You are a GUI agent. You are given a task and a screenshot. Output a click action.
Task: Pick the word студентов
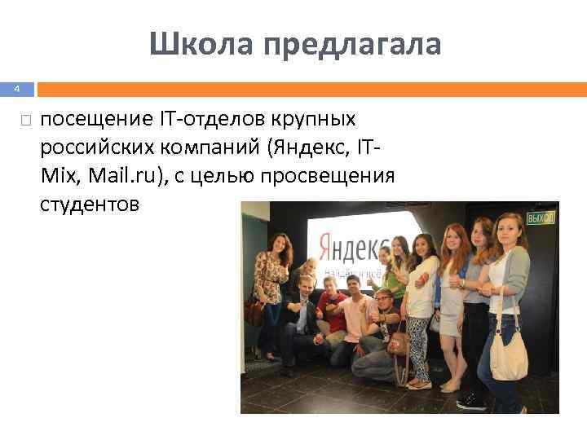90,205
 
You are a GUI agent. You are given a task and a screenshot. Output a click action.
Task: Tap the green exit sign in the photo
540,218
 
